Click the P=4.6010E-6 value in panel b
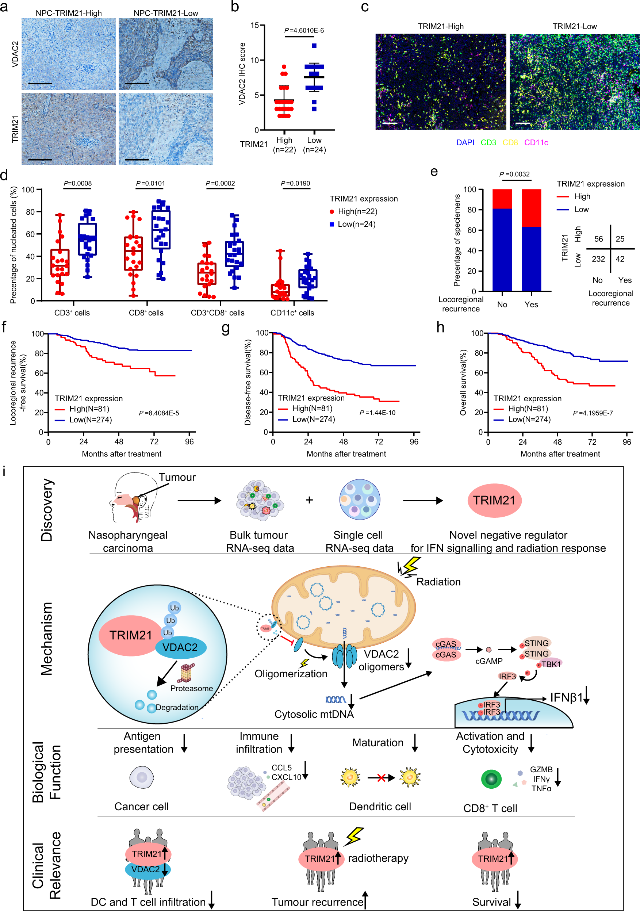pyautogui.click(x=304, y=31)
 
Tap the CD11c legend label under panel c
pyautogui.click(x=536, y=142)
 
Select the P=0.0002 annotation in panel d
pyautogui.click(x=220, y=183)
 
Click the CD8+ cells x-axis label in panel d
pyautogui.click(x=146, y=313)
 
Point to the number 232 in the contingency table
pyautogui.click(x=598, y=259)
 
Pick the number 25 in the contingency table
pyautogui.click(x=620, y=239)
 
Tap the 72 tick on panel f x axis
pyautogui.click(x=154, y=441)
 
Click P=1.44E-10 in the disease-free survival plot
pyautogui.click(x=378, y=413)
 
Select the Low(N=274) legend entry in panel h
pyautogui.click(x=529, y=420)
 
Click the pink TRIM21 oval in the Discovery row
pyautogui.click(x=494, y=500)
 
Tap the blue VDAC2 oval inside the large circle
pyautogui.click(x=180, y=647)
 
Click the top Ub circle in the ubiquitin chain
pyautogui.click(x=174, y=608)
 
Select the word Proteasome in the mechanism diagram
pyautogui.click(x=192, y=688)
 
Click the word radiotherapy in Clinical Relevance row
pyautogui.click(x=378, y=858)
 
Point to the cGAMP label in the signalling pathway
pyautogui.click(x=489, y=661)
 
